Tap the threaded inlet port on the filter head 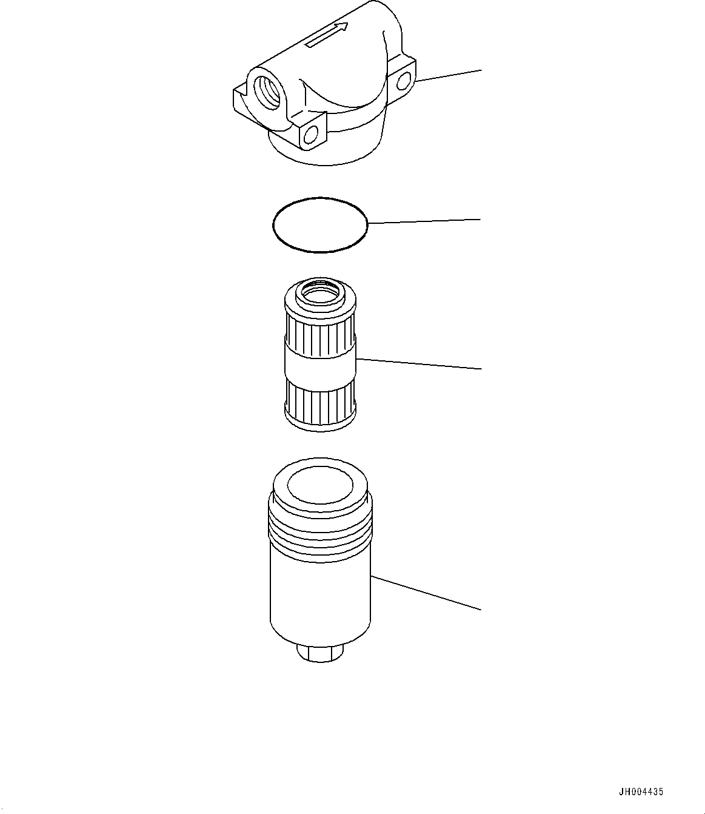[266, 91]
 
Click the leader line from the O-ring [424, 221]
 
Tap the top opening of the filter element [319, 295]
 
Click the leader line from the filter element [418, 364]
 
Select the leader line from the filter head [449, 75]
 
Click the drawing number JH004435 [641, 792]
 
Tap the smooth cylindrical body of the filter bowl [319, 594]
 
